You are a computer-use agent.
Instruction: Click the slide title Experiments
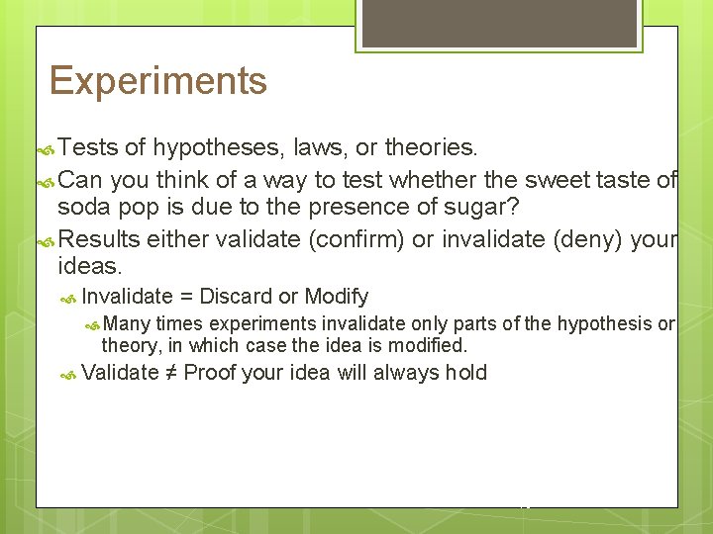(157, 81)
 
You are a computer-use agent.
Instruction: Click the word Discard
(237, 297)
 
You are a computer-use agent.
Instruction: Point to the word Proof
(211, 373)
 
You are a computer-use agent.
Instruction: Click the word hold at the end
(465, 373)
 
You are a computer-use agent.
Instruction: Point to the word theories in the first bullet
(431, 148)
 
